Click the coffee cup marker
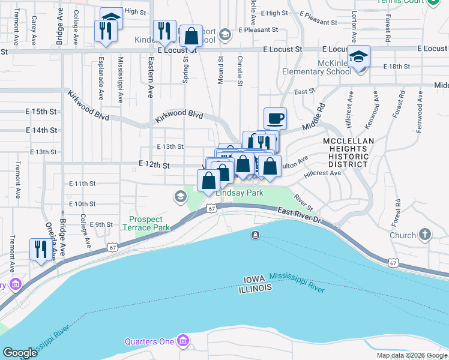coord(275,118)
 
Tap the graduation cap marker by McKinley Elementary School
coord(358,57)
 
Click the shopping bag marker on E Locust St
coord(191,36)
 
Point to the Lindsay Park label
coord(240,193)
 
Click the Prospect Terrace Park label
coord(146,223)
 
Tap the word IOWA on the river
coord(255,280)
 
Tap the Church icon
coord(425,235)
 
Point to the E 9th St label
coord(101,224)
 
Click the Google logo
coord(20,353)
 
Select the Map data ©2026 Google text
coord(411,355)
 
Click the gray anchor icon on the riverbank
coord(256,235)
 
